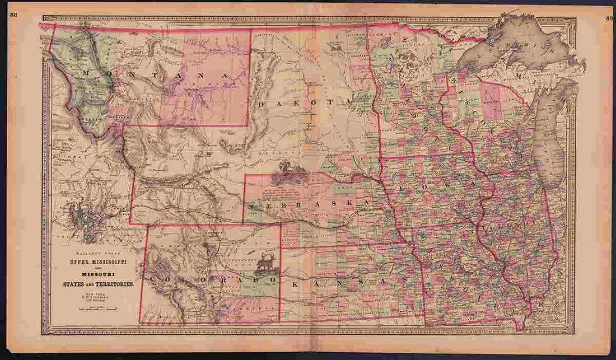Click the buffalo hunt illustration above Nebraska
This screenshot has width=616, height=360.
pos(290,173)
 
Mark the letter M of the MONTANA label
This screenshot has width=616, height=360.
pos(85,72)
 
